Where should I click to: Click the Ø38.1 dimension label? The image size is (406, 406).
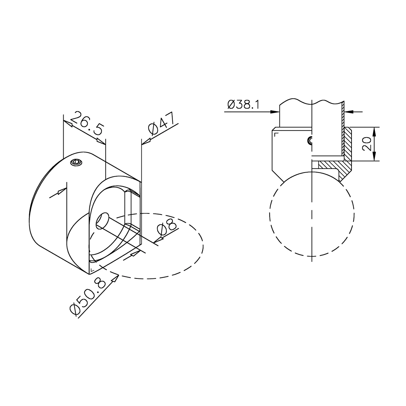(243, 104)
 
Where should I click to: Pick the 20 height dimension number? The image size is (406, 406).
(367, 144)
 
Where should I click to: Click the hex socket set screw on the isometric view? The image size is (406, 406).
(76, 162)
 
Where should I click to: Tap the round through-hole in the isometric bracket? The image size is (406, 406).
(102, 220)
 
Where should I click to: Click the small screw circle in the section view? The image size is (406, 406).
(310, 140)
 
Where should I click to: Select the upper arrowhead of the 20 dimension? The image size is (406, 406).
(375, 132)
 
